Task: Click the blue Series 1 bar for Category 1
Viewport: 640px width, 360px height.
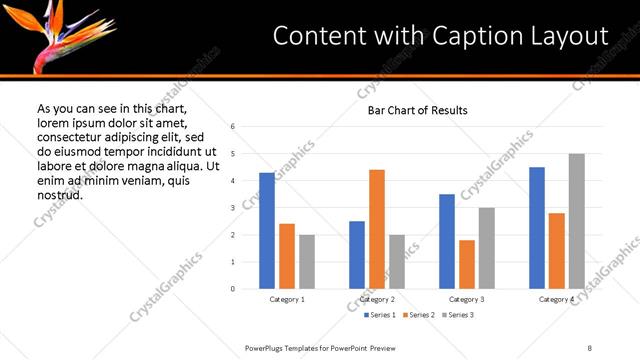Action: (x=267, y=231)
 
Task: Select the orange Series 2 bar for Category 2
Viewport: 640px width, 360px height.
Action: (x=377, y=229)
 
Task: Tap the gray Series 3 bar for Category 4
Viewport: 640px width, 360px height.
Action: (x=577, y=221)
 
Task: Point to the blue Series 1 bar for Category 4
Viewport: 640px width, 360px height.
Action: (x=537, y=228)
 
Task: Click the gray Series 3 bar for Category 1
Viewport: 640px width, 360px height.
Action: (x=307, y=262)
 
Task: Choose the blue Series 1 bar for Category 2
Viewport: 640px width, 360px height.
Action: (x=357, y=255)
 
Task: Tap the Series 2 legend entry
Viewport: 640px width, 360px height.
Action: (x=405, y=315)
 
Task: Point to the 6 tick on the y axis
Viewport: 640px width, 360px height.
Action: (x=232, y=127)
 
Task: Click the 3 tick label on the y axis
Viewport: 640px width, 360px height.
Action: (x=232, y=208)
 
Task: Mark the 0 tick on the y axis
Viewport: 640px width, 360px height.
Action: (x=232, y=289)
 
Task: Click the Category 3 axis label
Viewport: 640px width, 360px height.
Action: (x=467, y=299)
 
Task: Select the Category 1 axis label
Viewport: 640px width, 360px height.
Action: (x=287, y=299)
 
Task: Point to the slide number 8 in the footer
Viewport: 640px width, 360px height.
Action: (x=590, y=347)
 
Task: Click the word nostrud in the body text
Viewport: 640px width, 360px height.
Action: (x=59, y=194)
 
